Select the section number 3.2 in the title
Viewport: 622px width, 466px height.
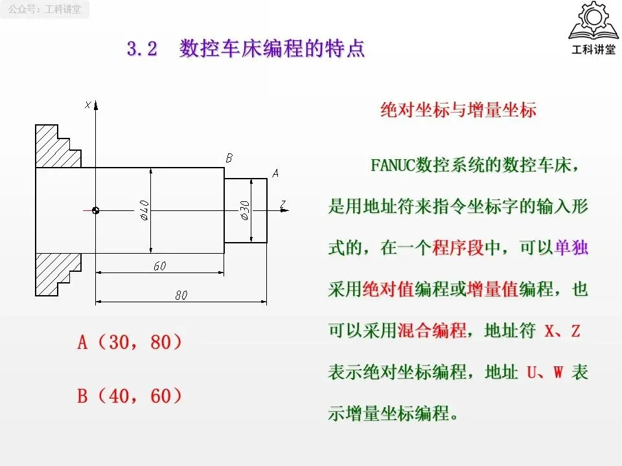(x=143, y=50)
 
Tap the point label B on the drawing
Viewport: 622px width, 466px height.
(x=229, y=157)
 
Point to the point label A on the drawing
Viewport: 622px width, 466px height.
(x=275, y=173)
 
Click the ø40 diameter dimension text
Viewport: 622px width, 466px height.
(x=144, y=210)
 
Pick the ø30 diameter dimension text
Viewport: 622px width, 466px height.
(x=244, y=210)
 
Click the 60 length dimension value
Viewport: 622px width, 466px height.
(x=159, y=266)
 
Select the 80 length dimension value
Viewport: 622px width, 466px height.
(x=181, y=295)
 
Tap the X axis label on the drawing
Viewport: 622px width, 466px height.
(x=87, y=105)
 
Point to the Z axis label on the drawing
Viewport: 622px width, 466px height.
(x=283, y=205)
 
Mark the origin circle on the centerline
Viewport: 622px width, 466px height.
(x=95, y=210)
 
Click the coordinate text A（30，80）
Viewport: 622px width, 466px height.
(x=130, y=342)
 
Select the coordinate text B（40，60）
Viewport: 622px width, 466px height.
(x=130, y=395)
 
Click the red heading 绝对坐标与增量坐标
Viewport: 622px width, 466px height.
(x=457, y=110)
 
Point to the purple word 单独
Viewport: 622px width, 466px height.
(x=571, y=248)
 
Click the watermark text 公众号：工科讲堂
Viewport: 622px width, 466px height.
(x=45, y=10)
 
